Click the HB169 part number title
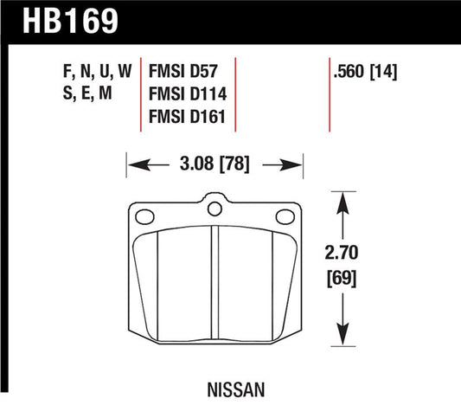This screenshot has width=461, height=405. [x=70, y=21]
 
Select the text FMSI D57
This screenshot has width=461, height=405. [x=182, y=71]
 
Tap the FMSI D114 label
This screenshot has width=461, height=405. [x=188, y=93]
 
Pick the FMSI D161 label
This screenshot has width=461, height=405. [x=187, y=117]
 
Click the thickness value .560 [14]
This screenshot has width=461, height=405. [x=365, y=72]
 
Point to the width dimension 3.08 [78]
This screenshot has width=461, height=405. [x=214, y=164]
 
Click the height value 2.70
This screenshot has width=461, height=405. [x=342, y=253]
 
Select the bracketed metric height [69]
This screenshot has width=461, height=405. [x=342, y=279]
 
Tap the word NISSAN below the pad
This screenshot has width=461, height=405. [x=236, y=390]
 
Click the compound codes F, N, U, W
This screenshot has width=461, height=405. [x=98, y=71]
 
